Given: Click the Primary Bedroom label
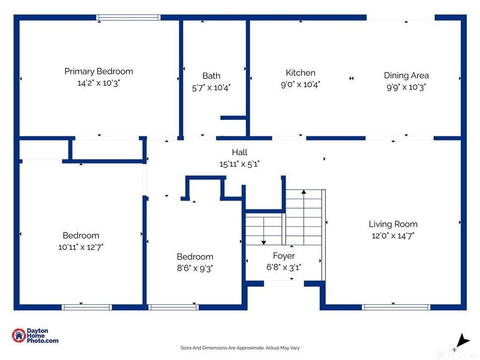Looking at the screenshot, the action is coord(98,71).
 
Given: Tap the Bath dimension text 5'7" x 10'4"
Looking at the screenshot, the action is coord(211,88).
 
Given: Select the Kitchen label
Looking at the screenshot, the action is coord(301,73).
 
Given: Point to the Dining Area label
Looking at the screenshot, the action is coord(406,76).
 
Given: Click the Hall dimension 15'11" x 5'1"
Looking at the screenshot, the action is coord(239,164).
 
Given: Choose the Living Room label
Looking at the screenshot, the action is coord(393,224).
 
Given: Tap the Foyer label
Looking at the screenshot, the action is coord(284,256).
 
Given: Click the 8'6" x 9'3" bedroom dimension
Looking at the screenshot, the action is coord(195,268).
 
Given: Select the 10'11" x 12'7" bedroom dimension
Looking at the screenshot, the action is coord(81,247).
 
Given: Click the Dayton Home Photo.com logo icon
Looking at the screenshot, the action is coord(19,335).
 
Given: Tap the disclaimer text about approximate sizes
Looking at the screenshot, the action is coord(240,348).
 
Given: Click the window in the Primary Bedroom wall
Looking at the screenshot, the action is coord(128,17).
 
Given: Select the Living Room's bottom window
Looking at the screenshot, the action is coord(396,307).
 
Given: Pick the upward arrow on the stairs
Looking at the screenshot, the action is coord(304,217).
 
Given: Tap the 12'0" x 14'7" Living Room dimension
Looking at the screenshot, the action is coord(393,236).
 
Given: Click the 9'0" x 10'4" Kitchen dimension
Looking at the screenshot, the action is coord(301,85).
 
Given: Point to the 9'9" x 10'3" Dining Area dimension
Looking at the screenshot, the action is coord(406,87).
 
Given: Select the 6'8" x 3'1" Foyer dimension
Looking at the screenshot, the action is coord(284,268).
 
